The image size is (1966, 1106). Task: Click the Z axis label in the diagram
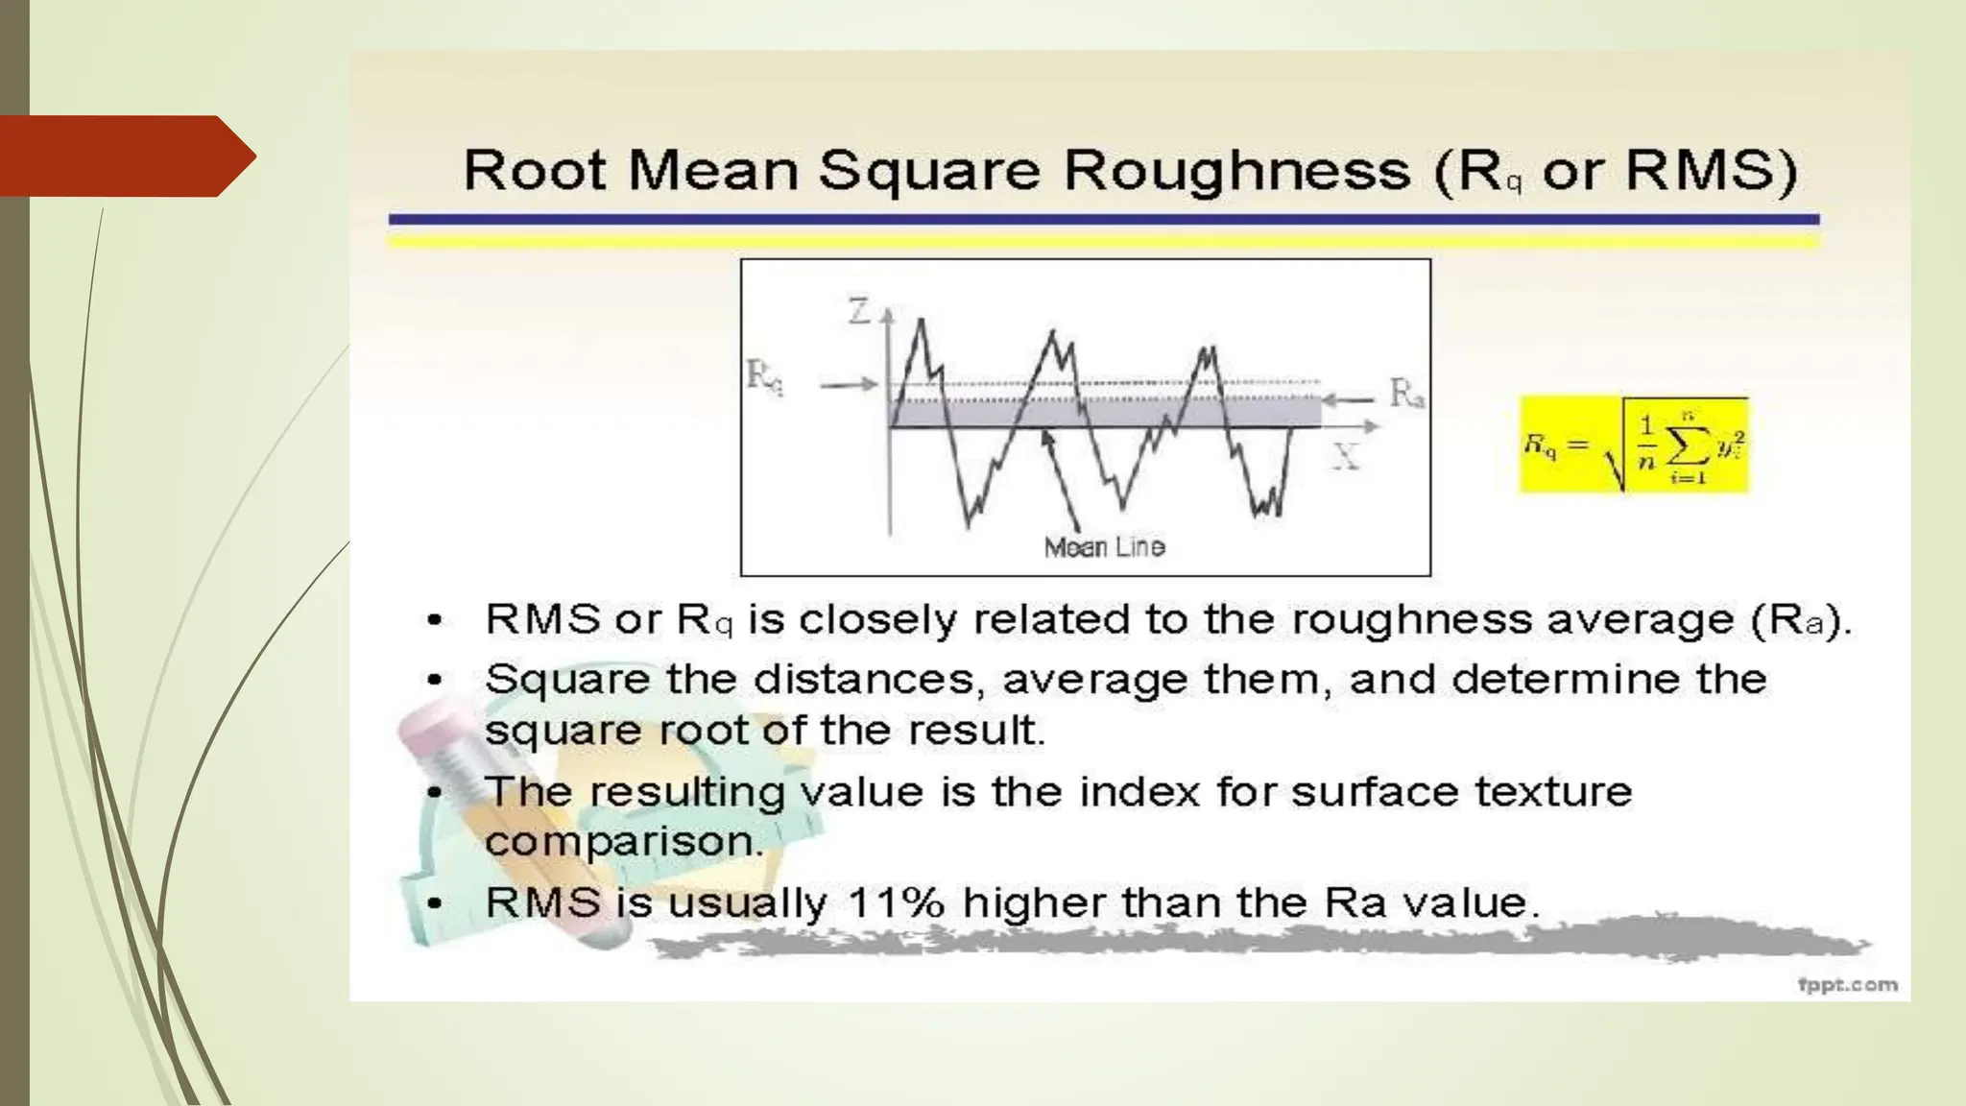coord(858,311)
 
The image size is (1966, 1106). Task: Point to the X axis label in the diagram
coord(1346,457)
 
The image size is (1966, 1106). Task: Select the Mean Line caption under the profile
coord(1104,547)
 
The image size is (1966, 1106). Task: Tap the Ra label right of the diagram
coord(1406,394)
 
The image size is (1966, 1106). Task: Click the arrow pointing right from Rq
coord(848,384)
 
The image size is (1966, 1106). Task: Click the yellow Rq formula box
coord(1634,445)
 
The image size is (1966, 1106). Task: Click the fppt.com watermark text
coord(1847,984)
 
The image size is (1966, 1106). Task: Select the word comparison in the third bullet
coord(624,843)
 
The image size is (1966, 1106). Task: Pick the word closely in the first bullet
coord(877,619)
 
